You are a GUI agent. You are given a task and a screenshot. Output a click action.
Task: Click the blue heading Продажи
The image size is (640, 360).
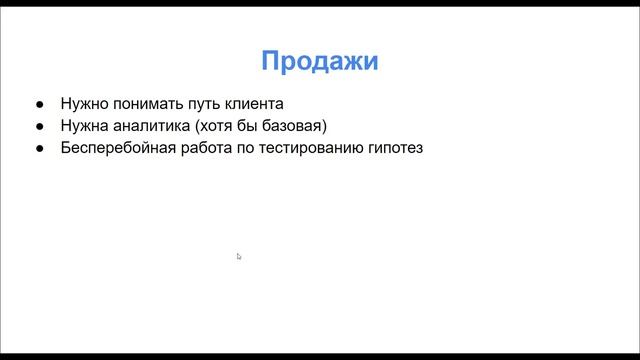point(319,62)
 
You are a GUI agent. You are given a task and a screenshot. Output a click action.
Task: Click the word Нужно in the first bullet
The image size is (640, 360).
point(82,103)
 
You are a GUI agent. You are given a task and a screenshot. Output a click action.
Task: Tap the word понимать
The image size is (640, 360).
point(143,103)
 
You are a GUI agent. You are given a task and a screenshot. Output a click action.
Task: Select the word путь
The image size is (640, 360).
point(204,103)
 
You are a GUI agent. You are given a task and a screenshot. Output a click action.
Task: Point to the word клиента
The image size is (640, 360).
point(254,103)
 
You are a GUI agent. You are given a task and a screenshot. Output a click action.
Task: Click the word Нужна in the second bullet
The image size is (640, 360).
point(82,126)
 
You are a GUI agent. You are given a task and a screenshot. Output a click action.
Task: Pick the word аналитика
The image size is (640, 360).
point(145,126)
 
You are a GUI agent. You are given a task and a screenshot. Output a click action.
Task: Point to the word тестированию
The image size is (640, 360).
point(310,149)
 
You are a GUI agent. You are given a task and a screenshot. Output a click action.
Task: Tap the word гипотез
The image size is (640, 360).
point(396,149)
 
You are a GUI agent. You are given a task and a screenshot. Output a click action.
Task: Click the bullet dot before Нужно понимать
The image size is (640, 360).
point(39,104)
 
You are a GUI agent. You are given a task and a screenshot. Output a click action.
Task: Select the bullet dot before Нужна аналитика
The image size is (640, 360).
point(39,127)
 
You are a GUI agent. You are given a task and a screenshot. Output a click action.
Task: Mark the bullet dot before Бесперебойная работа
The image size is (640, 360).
point(39,150)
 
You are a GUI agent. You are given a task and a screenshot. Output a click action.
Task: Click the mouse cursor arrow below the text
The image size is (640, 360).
point(239,257)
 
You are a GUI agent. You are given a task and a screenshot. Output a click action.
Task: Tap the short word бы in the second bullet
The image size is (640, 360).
point(243,126)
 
